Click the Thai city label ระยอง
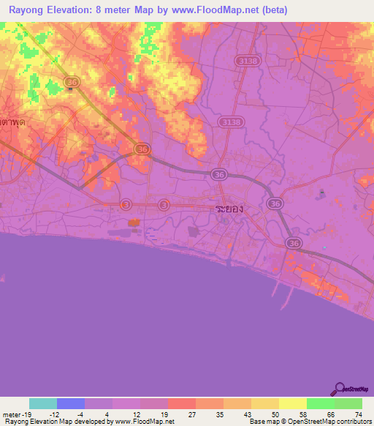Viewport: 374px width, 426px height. (x=229, y=209)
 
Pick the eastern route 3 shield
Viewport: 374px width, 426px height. (x=164, y=205)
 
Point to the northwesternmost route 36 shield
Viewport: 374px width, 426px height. (x=71, y=83)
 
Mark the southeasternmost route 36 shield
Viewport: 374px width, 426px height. (x=293, y=243)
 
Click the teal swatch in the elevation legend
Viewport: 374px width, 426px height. (x=43, y=403)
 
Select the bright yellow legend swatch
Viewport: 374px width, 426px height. (x=292, y=403)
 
